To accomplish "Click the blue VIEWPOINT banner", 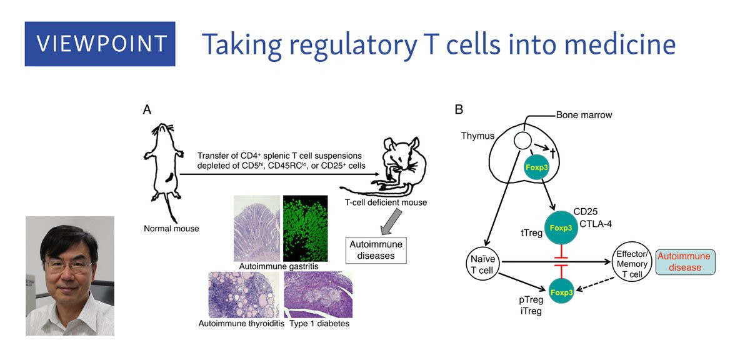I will [100, 44].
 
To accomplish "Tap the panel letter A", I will [147, 110].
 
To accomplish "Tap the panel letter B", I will [459, 110].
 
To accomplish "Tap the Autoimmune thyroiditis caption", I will [241, 324].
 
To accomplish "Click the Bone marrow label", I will [584, 115].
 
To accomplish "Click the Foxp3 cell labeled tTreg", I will [561, 227].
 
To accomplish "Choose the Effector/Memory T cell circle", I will [632, 262].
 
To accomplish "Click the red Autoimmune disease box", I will [684, 262].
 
